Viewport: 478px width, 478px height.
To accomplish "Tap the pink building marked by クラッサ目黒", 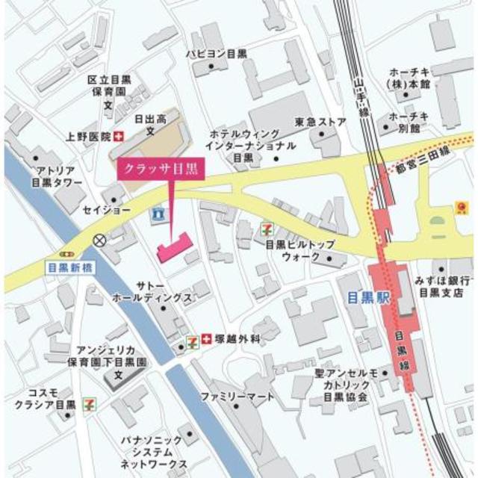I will (173, 247).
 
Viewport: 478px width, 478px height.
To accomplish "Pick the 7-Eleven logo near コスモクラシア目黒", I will (89, 404).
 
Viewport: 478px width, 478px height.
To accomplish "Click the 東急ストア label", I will (320, 122).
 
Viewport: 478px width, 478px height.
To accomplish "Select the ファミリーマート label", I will (238, 397).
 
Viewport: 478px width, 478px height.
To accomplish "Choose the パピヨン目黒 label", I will (217, 54).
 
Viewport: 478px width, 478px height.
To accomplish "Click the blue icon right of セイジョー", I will (157, 214).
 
